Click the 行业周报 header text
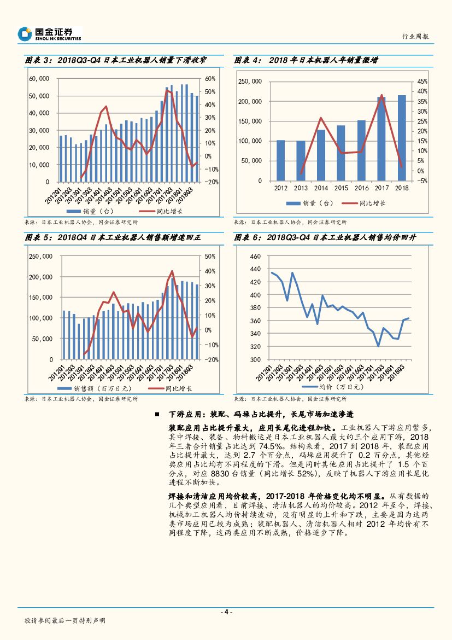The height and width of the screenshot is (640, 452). point(415,36)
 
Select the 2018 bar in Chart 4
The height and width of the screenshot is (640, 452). point(402,138)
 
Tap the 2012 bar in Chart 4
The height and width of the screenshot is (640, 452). point(280,160)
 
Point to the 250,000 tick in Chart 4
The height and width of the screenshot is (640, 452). point(250,82)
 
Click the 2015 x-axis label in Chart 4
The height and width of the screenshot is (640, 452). point(341,188)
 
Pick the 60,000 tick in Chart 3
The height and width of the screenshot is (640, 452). point(39,79)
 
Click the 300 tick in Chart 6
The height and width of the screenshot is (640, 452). point(256,359)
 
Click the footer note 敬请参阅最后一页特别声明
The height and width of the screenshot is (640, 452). point(65,621)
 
